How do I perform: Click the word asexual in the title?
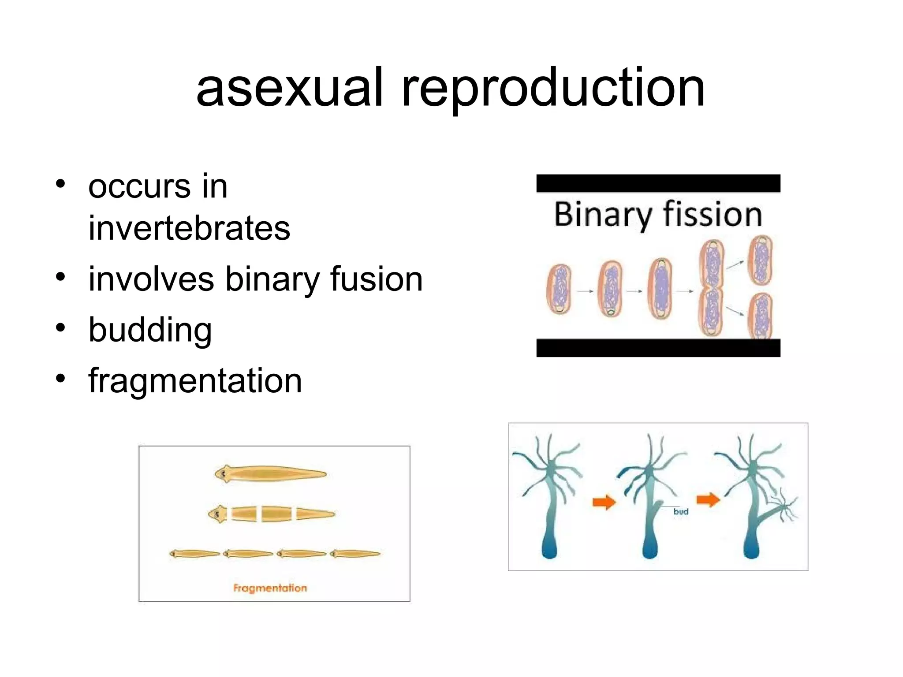(x=289, y=88)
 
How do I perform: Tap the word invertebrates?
(x=189, y=228)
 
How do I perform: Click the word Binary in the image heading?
(x=602, y=215)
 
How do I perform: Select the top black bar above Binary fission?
(x=658, y=183)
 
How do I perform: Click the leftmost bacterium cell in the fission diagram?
(x=559, y=289)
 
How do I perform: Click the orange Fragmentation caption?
(x=270, y=588)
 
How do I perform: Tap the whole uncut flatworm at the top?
(x=270, y=474)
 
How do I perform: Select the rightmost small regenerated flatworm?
(x=355, y=554)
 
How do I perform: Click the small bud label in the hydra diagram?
(x=681, y=511)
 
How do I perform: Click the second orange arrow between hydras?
(x=708, y=500)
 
